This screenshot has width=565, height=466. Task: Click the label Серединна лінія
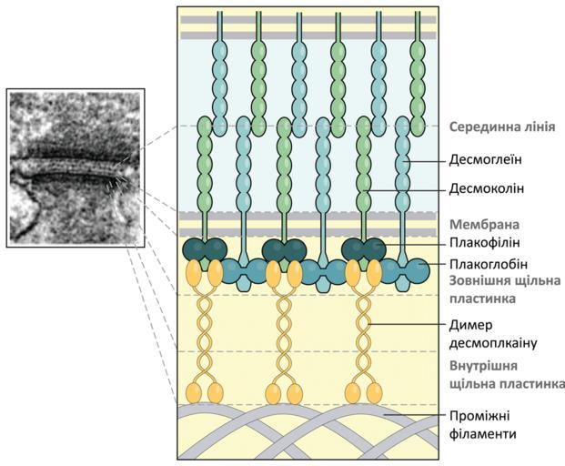[502, 127]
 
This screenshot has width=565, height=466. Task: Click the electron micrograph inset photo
[76, 167]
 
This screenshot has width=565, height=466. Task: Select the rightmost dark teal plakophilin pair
[361, 249]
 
